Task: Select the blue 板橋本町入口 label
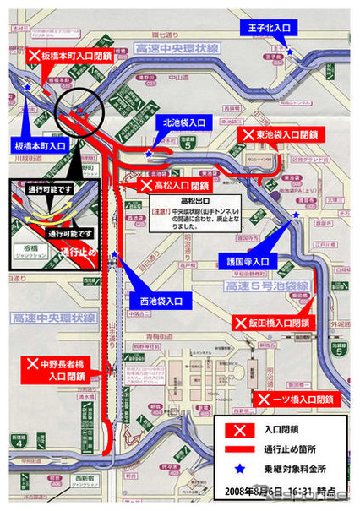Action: click(40, 146)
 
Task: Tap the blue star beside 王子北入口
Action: click(290, 52)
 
